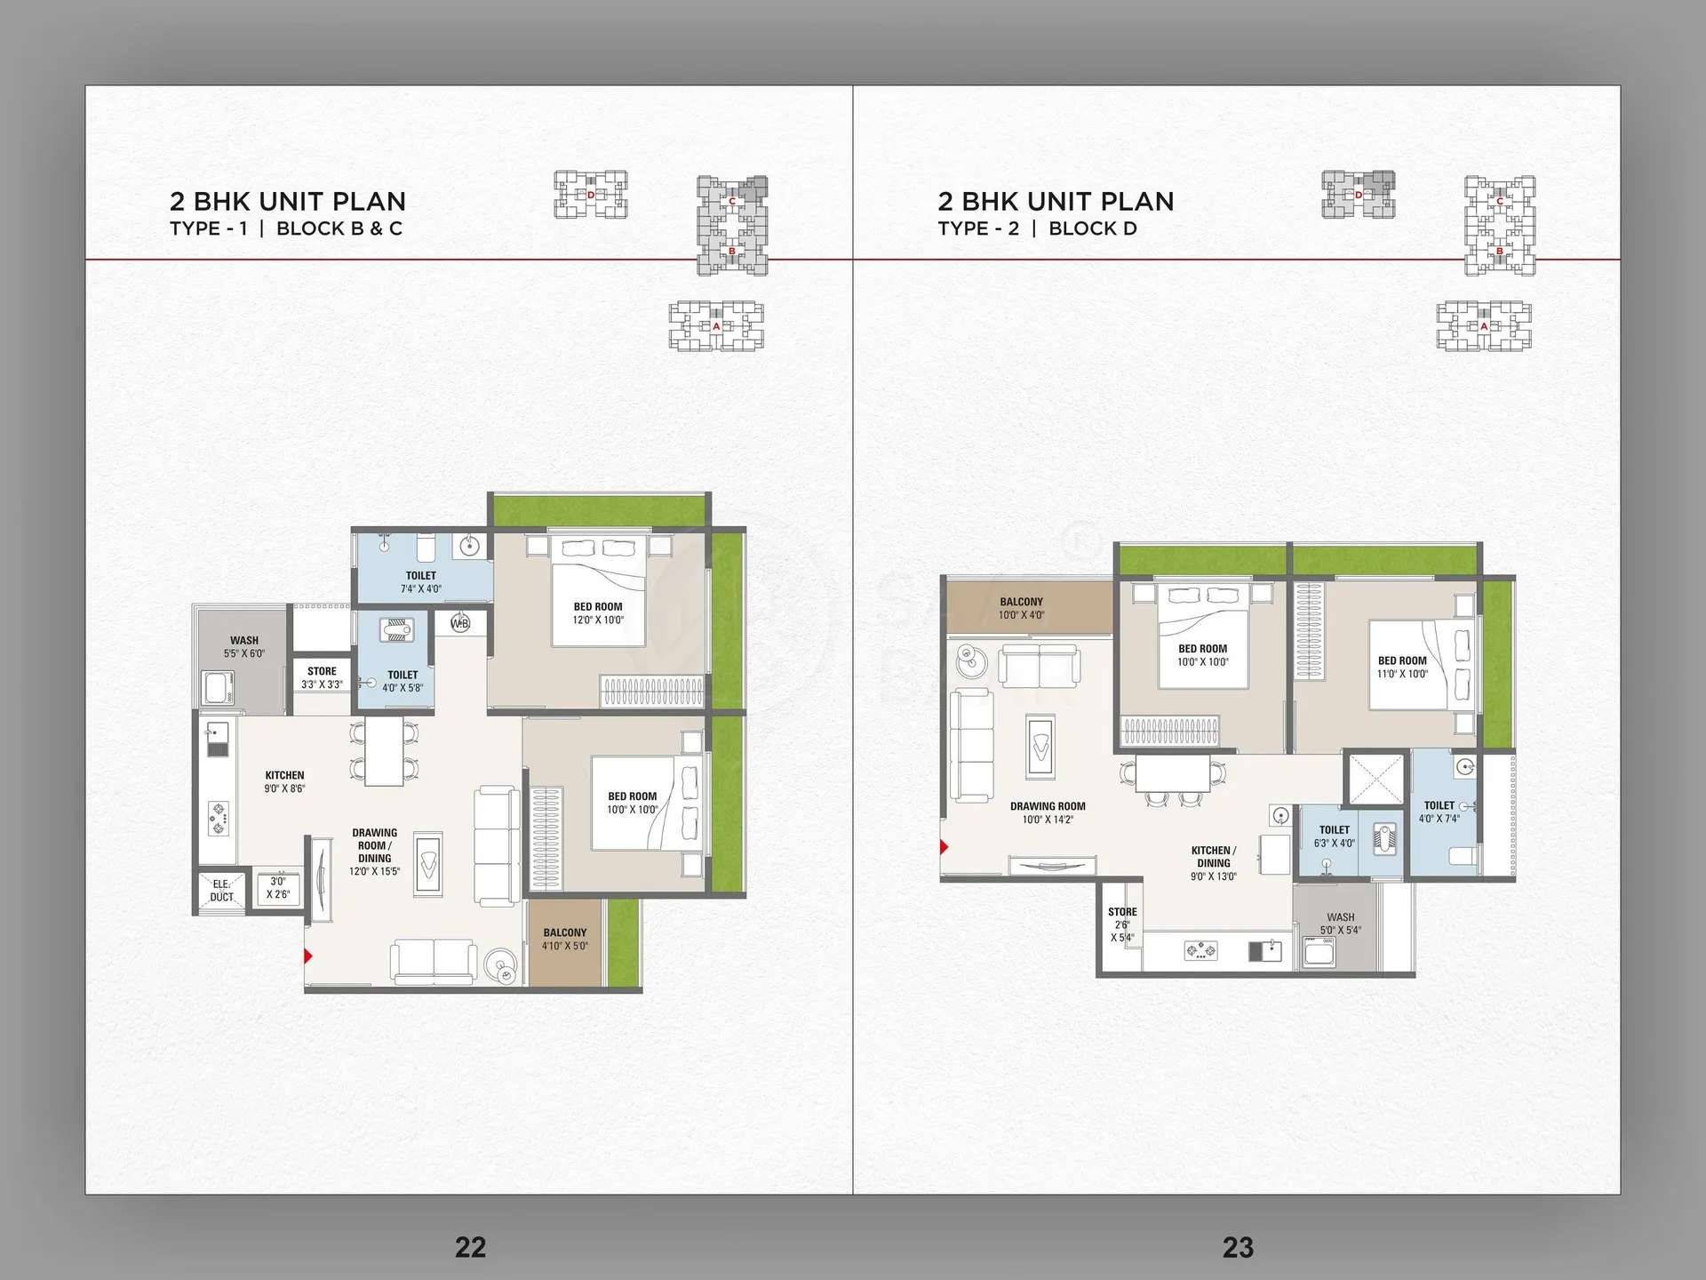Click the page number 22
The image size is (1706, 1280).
(470, 1247)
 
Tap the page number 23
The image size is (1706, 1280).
(1238, 1247)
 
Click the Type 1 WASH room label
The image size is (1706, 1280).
(244, 646)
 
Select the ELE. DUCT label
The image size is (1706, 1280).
(221, 891)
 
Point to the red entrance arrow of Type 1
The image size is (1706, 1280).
(308, 956)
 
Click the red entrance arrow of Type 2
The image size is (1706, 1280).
(945, 847)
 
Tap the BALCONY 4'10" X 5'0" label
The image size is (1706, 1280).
(565, 940)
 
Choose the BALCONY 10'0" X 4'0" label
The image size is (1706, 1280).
(1021, 608)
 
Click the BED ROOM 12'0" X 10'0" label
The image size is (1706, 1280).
(598, 613)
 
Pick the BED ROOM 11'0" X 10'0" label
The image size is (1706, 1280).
(1402, 667)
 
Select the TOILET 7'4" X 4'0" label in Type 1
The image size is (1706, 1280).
(421, 582)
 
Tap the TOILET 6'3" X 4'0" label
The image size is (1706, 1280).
(1335, 836)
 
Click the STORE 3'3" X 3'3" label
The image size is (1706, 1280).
(322, 678)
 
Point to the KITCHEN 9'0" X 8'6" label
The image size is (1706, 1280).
(284, 781)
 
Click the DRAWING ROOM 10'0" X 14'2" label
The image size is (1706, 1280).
(1048, 812)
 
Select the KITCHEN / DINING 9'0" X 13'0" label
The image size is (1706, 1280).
(1214, 863)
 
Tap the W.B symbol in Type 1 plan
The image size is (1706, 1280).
(460, 623)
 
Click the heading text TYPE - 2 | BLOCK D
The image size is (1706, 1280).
(1037, 228)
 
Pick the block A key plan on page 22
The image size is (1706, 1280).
(716, 326)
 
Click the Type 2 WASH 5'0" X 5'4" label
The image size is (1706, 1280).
(1341, 924)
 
